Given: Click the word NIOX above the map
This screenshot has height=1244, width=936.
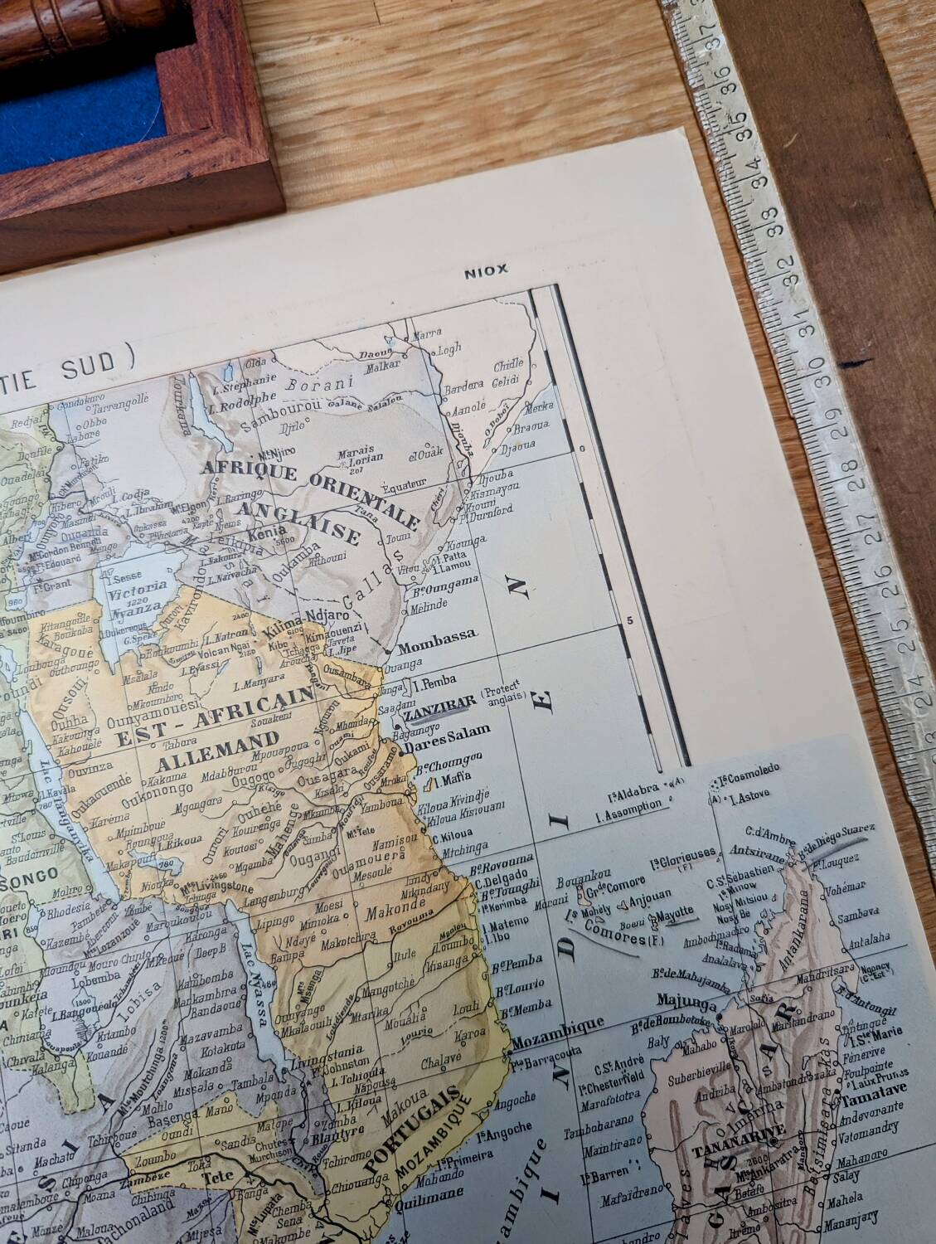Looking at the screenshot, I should click(485, 270).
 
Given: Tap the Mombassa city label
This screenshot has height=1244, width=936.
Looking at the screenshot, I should click(437, 634).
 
